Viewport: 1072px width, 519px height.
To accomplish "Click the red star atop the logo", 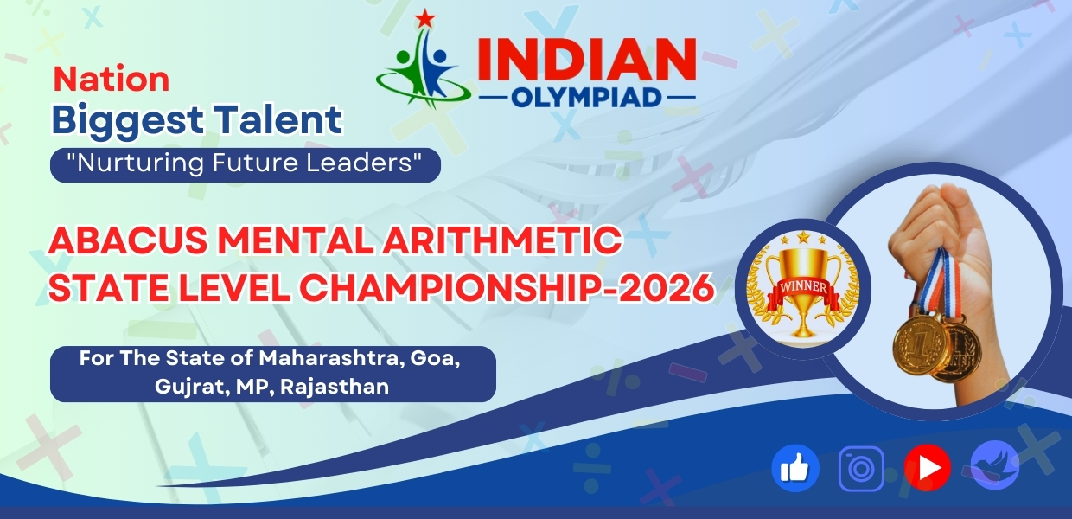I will click(424, 18).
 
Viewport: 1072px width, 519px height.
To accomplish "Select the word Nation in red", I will click(112, 80).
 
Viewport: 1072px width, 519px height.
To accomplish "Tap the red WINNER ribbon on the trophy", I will click(803, 286).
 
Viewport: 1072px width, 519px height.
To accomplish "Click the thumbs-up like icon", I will click(794, 469).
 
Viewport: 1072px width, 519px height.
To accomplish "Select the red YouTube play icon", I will click(927, 469).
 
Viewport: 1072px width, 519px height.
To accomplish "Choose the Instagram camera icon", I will click(861, 469).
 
